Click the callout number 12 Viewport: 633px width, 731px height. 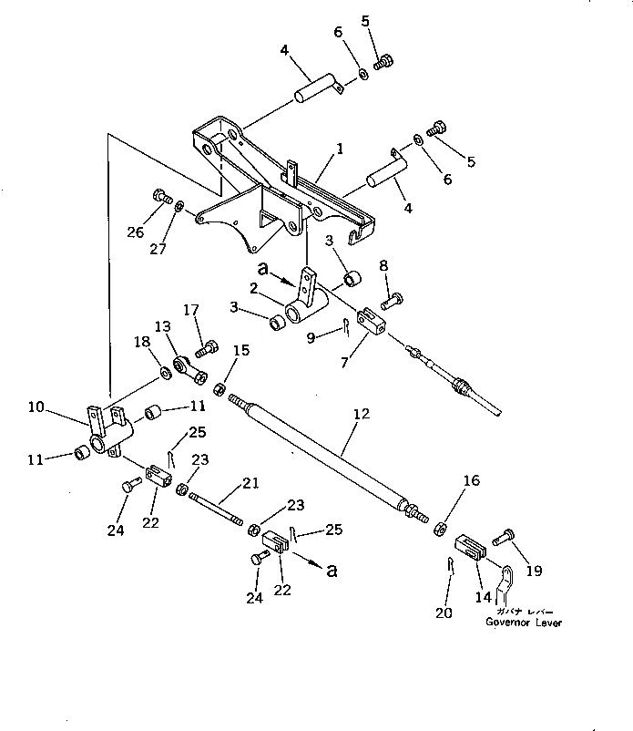(362, 415)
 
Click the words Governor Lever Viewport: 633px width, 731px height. (523, 623)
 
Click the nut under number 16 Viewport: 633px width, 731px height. (439, 526)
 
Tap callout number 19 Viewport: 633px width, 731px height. (534, 571)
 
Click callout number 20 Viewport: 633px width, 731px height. (444, 613)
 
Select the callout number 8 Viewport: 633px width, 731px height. (383, 265)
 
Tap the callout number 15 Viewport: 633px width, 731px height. (241, 350)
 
